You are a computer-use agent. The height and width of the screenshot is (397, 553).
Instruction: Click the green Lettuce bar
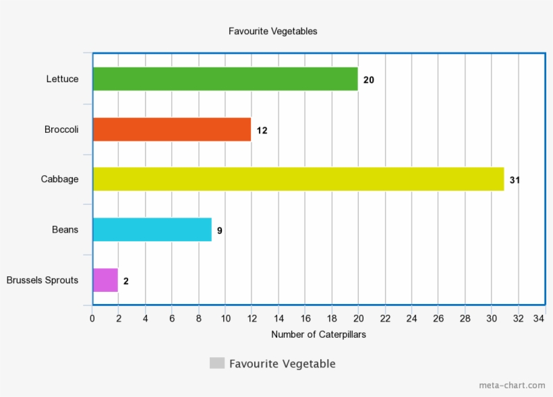click(x=225, y=79)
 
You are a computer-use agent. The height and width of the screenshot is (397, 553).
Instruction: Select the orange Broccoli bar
click(x=171, y=129)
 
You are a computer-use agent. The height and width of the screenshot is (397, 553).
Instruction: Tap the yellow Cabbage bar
click(x=298, y=179)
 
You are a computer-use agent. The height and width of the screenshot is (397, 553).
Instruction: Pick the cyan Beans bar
click(x=152, y=230)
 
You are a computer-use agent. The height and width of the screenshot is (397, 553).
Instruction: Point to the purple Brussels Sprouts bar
click(x=105, y=280)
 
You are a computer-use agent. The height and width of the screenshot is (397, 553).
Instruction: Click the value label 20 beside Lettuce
click(x=369, y=80)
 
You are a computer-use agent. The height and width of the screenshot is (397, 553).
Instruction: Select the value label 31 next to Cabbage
click(x=515, y=180)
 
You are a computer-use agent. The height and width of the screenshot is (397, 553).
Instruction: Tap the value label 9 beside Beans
click(x=220, y=231)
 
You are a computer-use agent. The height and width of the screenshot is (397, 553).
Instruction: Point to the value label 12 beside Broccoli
click(x=262, y=130)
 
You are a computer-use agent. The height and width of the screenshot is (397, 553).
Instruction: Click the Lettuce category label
click(x=62, y=79)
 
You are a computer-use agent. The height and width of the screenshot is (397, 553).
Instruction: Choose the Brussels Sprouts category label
click(x=42, y=280)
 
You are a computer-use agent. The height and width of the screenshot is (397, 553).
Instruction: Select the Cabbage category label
click(x=59, y=179)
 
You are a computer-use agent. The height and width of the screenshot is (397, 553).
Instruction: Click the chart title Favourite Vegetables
click(x=272, y=31)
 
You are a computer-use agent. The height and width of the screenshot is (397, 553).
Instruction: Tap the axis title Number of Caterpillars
click(x=318, y=334)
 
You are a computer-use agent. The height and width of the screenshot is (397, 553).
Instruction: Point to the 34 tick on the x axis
click(x=539, y=318)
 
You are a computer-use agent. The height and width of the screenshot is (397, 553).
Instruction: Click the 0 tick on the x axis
click(x=92, y=318)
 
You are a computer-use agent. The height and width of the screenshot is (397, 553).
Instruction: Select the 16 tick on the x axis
click(x=305, y=318)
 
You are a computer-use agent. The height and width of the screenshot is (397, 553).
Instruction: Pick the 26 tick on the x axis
click(x=438, y=318)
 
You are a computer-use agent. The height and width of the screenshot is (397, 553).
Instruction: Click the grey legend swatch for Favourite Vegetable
click(x=216, y=363)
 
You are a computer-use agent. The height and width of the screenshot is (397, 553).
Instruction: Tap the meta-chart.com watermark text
click(x=512, y=386)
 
